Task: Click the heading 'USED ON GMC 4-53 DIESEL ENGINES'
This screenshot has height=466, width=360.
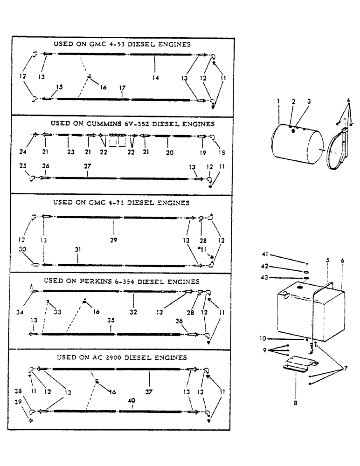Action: (x=123, y=44)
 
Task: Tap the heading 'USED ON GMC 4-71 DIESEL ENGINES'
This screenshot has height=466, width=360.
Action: (x=121, y=203)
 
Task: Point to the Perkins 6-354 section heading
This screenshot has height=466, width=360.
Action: (x=121, y=281)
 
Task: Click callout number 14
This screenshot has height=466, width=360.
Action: (x=156, y=78)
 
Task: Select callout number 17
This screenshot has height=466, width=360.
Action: (x=122, y=87)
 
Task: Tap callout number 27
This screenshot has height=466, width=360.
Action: (x=87, y=166)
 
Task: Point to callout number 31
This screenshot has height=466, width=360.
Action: (x=77, y=250)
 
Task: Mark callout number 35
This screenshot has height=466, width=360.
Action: (x=111, y=321)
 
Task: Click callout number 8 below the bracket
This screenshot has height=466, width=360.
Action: (x=296, y=404)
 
